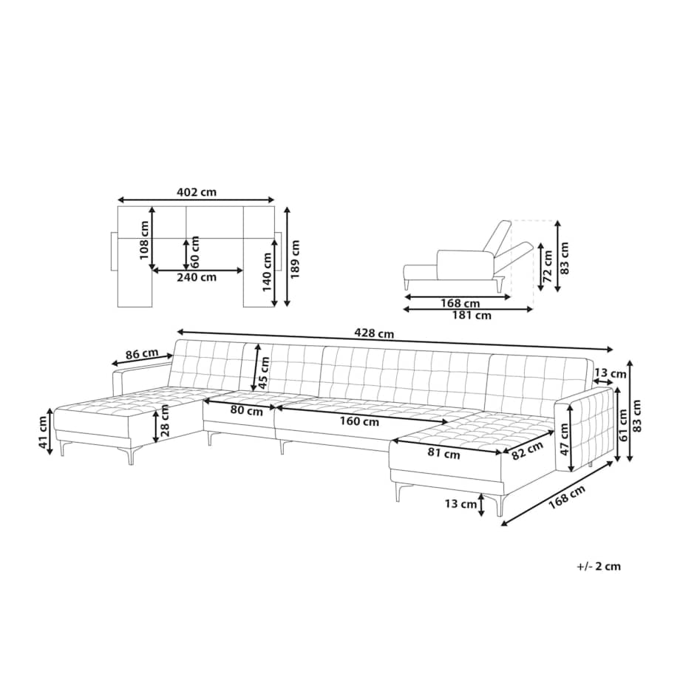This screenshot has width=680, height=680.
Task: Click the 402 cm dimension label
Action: coord(197,191)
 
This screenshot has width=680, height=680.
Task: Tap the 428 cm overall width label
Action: coord(374,333)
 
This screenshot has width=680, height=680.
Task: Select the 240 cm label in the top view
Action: coord(197,277)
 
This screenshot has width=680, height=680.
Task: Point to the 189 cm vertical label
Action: coord(296,259)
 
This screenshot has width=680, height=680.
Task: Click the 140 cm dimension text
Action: coord(267,272)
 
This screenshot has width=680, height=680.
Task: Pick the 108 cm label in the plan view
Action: coord(144,240)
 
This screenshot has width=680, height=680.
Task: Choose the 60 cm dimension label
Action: coord(194,252)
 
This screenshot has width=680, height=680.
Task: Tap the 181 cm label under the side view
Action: coord(472,316)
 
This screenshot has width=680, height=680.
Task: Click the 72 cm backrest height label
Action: coord(548,266)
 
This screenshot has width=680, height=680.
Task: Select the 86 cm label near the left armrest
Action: coord(142,354)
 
